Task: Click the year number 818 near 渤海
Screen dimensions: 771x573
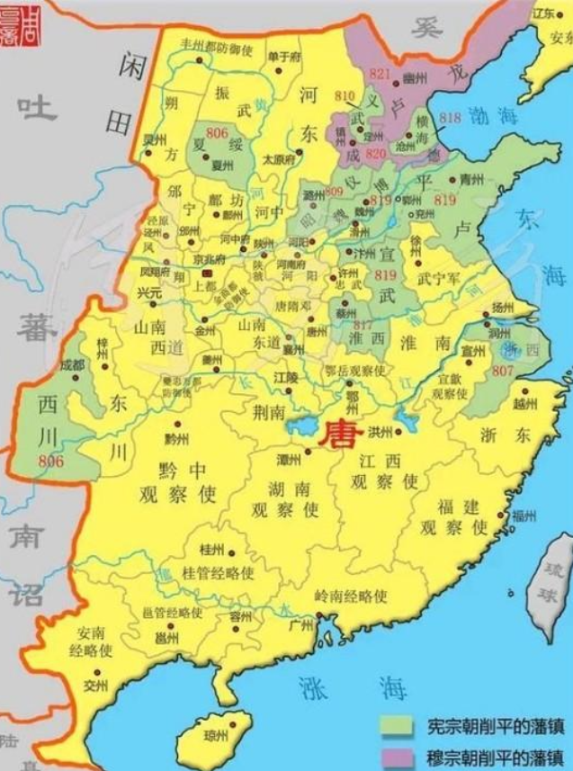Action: tap(451, 118)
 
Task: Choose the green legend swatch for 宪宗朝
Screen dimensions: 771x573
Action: tap(393, 724)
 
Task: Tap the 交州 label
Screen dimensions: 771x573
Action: tap(95, 685)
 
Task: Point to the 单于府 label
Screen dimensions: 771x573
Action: tap(283, 57)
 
